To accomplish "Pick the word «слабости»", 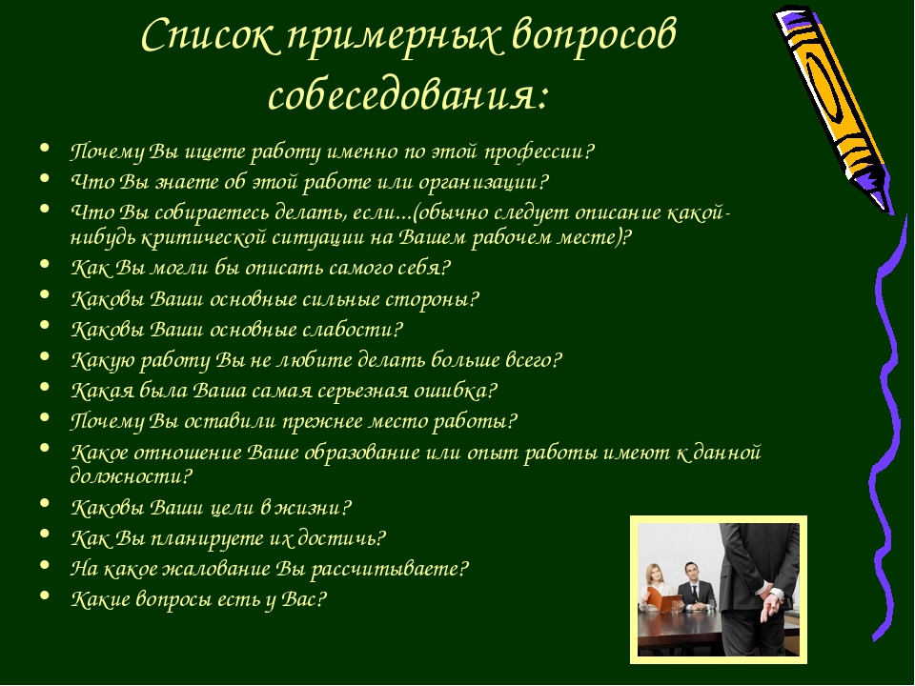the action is click(351, 330).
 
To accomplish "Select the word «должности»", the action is click(129, 477).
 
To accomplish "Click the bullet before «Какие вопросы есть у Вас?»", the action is click(45, 595).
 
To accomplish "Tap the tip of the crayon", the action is click(889, 212).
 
